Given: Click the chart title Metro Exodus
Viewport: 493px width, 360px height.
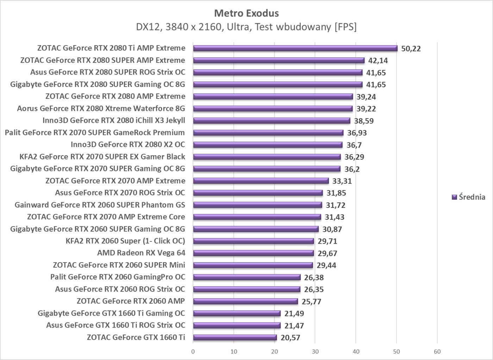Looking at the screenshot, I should pyautogui.click(x=246, y=13).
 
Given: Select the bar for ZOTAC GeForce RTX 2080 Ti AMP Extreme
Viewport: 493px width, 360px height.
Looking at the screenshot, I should pyautogui.click(x=295, y=48).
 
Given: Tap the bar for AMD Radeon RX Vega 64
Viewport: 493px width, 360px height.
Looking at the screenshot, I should pyautogui.click(x=253, y=253).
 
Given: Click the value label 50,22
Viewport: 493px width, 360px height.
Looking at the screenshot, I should pyautogui.click(x=411, y=49).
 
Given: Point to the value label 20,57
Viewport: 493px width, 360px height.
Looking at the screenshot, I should pyautogui.click(x=291, y=338).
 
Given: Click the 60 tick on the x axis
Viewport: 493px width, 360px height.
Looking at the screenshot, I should pyautogui.click(x=437, y=351).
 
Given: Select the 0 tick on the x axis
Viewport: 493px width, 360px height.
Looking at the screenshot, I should pyautogui.click(x=193, y=351).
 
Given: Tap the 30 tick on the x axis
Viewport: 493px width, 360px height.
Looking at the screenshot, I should pyautogui.click(x=315, y=351).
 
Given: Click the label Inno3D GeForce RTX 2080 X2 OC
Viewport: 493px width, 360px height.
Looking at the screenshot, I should pyautogui.click(x=128, y=145).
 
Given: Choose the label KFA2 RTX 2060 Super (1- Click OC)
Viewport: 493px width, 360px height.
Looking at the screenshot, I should pyautogui.click(x=125, y=241).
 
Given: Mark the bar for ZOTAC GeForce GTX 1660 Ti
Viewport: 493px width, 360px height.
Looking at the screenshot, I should pyautogui.click(x=235, y=337).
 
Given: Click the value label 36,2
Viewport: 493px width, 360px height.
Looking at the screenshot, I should pyautogui.click(x=352, y=169).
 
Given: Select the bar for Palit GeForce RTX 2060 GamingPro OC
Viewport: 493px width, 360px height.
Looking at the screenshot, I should pyautogui.click(x=246, y=277).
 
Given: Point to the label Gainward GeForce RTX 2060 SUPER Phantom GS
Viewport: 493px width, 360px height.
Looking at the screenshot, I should pyautogui.click(x=100, y=205).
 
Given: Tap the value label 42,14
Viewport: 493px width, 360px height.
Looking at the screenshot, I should pyautogui.click(x=378, y=61).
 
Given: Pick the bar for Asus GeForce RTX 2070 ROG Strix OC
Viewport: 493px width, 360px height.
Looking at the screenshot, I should pyautogui.click(x=258, y=193).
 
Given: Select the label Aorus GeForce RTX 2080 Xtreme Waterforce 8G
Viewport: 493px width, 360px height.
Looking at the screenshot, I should pyautogui.click(x=101, y=108).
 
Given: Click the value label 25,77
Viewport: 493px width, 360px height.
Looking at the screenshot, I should pyautogui.click(x=311, y=302).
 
